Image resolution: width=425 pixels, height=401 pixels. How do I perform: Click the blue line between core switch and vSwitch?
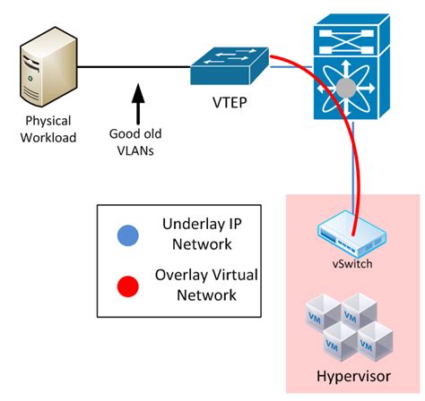point(354,170)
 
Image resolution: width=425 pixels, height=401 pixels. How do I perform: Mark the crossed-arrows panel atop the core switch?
point(355,37)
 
